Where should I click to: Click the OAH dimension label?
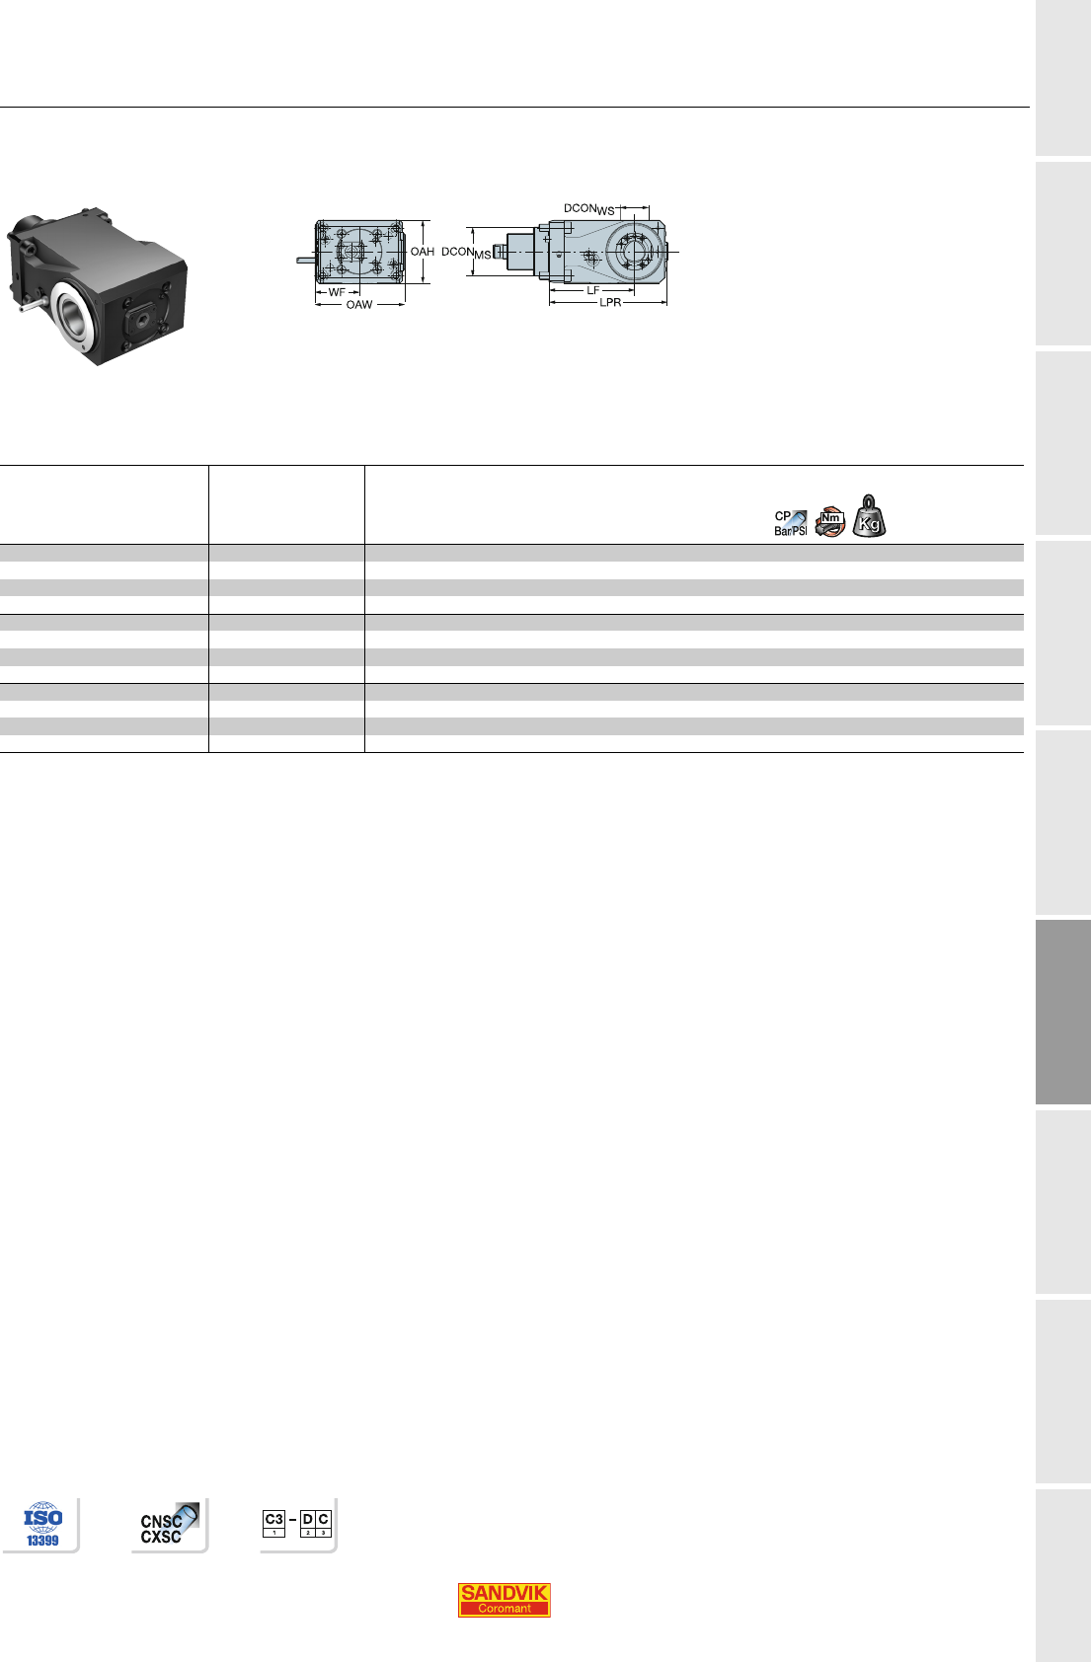pos(423,252)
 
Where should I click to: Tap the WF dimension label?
pos(337,292)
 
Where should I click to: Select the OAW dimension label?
pos(359,305)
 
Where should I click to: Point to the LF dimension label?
pos(593,290)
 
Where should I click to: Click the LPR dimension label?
pos(610,303)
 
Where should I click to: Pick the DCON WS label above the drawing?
pos(589,209)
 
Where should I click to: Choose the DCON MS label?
pos(466,253)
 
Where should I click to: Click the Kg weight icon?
pos(869,516)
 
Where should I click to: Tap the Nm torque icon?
pos(829,522)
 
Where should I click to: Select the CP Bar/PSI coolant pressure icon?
pos(791,523)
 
